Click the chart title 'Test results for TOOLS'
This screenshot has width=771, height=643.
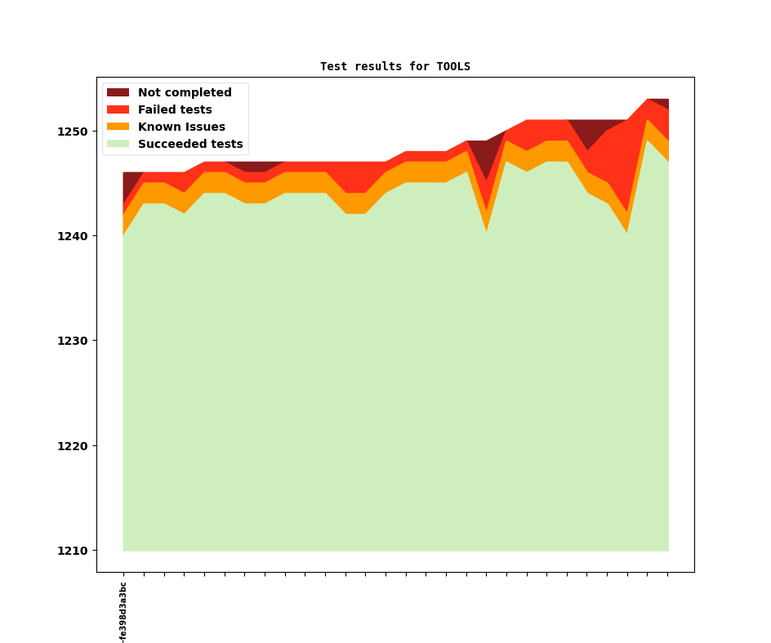[394, 66]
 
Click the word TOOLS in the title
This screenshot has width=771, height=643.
[453, 66]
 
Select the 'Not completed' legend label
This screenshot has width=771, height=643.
[185, 93]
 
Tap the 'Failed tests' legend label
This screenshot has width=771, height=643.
[175, 110]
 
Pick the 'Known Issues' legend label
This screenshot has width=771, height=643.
[181, 127]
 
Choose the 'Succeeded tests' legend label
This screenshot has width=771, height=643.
[190, 145]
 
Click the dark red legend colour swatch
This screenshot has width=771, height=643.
[118, 93]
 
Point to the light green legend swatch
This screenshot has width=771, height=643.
[118, 145]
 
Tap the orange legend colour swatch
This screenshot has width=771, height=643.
[118, 127]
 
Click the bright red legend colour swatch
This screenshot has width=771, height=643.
[118, 110]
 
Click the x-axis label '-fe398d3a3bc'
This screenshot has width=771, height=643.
[123, 613]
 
